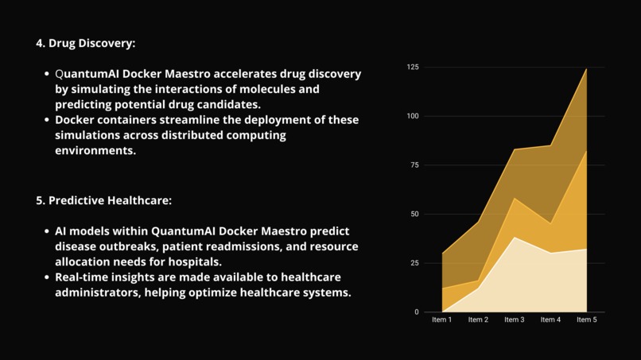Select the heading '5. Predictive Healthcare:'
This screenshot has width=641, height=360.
point(103,201)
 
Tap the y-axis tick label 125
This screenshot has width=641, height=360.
point(412,67)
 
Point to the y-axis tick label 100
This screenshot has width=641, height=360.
point(412,116)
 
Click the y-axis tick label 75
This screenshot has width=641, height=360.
point(414,165)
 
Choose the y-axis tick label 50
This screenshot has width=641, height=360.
point(414,215)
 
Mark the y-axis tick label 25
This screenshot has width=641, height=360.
point(414,263)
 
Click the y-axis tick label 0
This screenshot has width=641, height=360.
point(416,312)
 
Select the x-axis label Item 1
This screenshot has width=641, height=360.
point(441,320)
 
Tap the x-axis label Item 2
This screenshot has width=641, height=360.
point(478,320)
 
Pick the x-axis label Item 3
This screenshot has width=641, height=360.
point(514,320)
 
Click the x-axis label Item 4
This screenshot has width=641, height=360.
point(550,320)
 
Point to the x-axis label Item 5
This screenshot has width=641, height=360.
point(587,320)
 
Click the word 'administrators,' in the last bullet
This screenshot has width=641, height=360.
point(102,292)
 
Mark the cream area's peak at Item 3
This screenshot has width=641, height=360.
point(514,238)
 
